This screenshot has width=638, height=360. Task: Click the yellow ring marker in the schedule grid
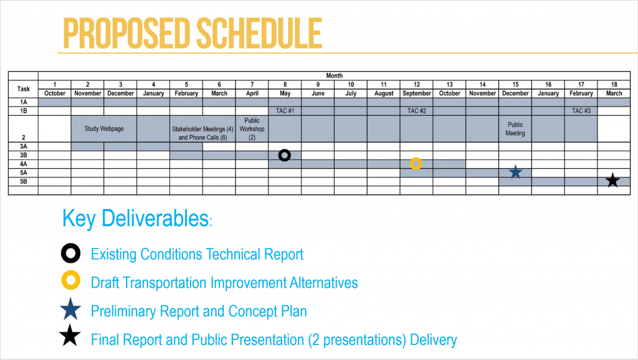416,158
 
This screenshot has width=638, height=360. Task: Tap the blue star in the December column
515,172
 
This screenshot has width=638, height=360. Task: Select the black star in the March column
613,180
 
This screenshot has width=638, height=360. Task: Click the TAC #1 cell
285,111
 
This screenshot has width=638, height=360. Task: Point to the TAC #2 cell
417,111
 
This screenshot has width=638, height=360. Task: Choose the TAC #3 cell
581,111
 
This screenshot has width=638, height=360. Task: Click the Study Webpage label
104,128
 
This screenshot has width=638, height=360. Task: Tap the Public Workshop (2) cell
252,129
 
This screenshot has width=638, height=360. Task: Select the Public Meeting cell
515,129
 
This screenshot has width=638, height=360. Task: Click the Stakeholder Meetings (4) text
202,129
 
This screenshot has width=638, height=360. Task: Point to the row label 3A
24,146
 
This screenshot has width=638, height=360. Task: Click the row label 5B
24,181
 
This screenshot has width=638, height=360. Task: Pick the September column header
417,93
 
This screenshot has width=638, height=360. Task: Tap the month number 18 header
614,85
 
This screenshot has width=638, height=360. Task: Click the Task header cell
24,88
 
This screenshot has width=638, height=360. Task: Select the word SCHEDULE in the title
259,34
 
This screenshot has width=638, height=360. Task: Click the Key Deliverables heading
137,219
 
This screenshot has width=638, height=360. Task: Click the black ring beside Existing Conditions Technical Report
71,244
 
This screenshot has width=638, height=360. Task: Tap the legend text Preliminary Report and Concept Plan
199,311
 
